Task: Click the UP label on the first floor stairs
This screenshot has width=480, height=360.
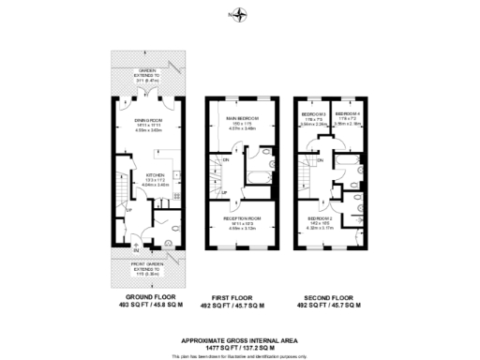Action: (x=224, y=193)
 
